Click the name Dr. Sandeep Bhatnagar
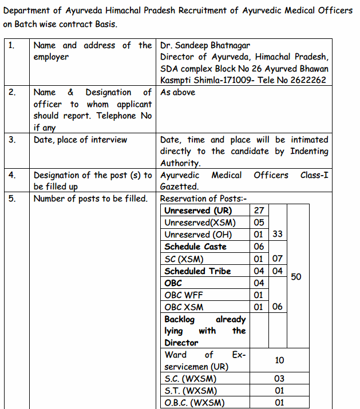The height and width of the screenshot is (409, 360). (x=205, y=45)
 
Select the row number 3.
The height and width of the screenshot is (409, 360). (x=12, y=140)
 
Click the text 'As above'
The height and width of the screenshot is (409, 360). (x=177, y=92)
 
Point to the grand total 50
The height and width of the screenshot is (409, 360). (x=296, y=277)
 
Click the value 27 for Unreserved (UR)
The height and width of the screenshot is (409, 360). (x=259, y=211)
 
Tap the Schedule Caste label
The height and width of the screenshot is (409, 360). (x=195, y=247)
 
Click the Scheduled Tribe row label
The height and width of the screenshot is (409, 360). (x=197, y=271)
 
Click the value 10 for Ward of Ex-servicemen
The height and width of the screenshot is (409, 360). (x=279, y=360)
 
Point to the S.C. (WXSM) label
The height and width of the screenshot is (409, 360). (x=191, y=379)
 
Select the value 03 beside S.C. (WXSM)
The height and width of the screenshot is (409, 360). (x=279, y=379)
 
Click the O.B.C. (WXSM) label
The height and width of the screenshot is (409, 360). (x=194, y=403)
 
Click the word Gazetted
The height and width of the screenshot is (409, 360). (x=179, y=186)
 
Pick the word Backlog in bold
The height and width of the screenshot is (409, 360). (x=179, y=319)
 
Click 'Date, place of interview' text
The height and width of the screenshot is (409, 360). (x=81, y=140)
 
